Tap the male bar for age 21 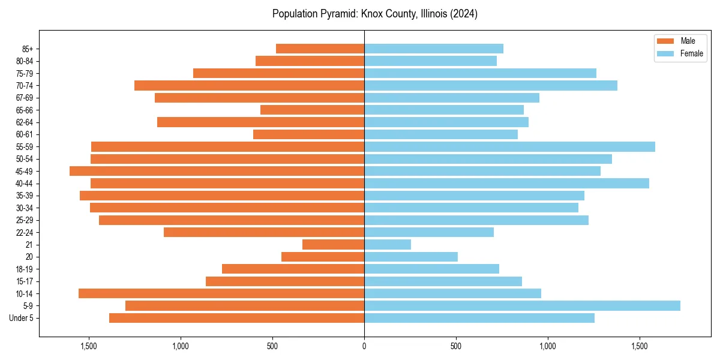pos(333,244)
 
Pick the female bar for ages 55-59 pos(509,146)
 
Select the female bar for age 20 pos(411,257)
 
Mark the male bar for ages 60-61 pos(308,134)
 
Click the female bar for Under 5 pos(479,318)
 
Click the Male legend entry pos(688,41)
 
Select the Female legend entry pos(691,53)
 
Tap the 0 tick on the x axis pos(364,347)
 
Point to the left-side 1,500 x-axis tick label pos(89,347)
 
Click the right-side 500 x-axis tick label pos(456,347)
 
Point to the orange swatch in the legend pos(665,41)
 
